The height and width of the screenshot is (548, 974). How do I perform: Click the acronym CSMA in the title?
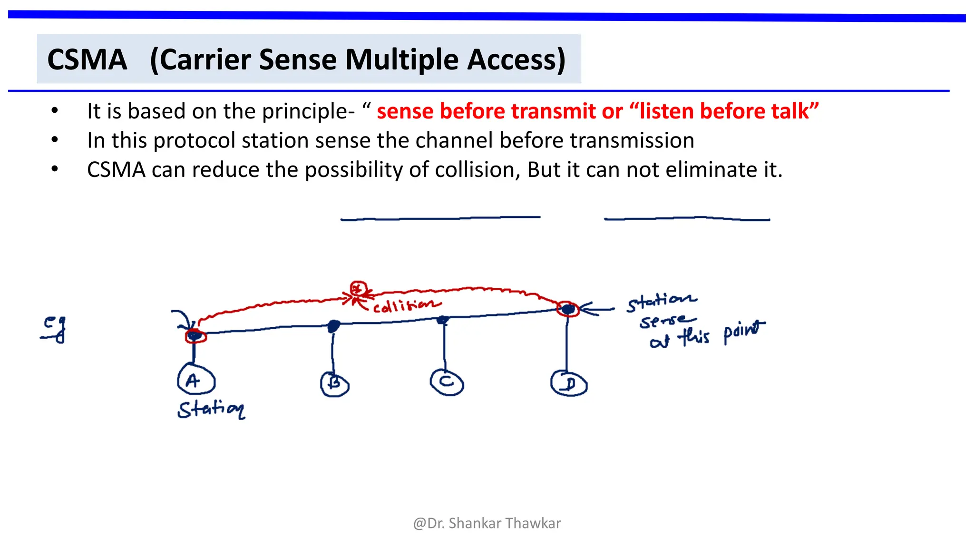click(x=88, y=60)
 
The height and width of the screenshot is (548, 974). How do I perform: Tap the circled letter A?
click(x=195, y=381)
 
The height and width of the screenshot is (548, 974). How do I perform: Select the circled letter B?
click(x=335, y=384)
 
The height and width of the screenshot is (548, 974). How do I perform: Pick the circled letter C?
click(x=447, y=382)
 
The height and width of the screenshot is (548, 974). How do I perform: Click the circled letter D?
click(x=569, y=383)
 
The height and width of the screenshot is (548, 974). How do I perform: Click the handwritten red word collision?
click(x=406, y=305)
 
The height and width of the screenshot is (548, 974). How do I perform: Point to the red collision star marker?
click(x=358, y=289)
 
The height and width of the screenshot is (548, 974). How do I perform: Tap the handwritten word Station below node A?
click(x=211, y=409)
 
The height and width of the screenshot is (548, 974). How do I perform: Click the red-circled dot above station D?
click(x=568, y=310)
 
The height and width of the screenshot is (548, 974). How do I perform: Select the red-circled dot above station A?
click(x=195, y=336)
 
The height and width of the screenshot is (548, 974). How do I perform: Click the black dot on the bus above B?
click(x=334, y=325)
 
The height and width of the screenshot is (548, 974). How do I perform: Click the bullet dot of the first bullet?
click(x=55, y=111)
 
